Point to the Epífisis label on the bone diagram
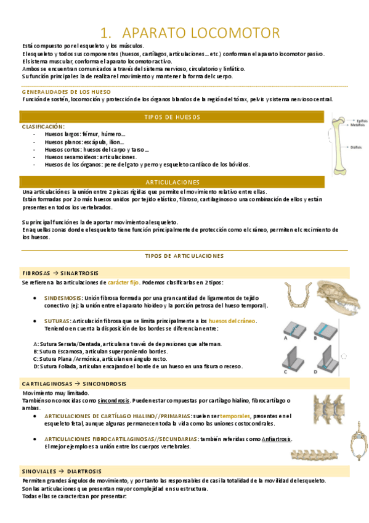(x=359, y=120)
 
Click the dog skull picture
(x=337, y=297)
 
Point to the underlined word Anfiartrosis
(x=277, y=439)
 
